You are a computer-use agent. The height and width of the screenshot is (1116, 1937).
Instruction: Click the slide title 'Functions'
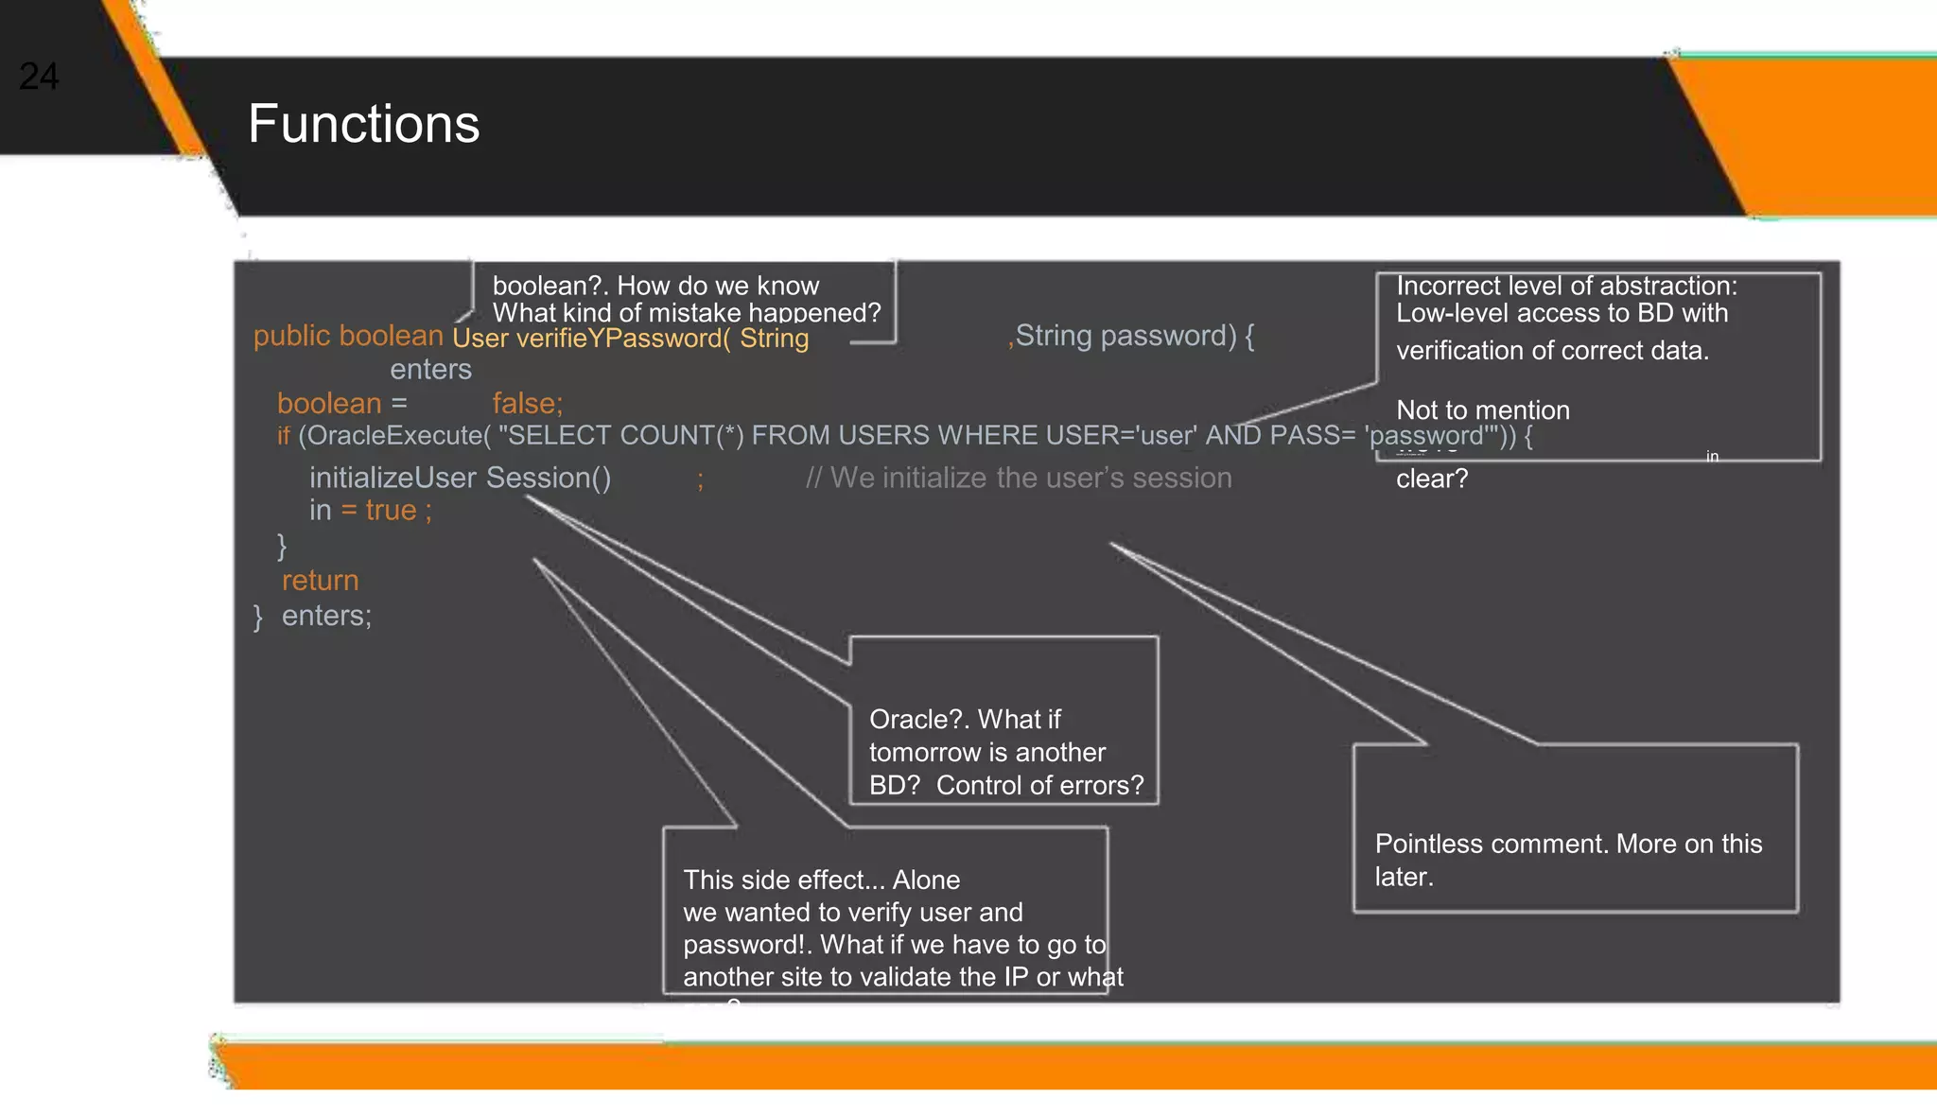(363, 124)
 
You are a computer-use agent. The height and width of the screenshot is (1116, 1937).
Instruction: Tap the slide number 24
(39, 77)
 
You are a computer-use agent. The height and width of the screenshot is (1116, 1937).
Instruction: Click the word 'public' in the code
(291, 336)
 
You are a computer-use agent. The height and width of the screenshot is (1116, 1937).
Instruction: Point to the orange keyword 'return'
(320, 580)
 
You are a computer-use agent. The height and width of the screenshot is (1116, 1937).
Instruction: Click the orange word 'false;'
(527, 404)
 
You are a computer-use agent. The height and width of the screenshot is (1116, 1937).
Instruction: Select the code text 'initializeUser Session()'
(460, 478)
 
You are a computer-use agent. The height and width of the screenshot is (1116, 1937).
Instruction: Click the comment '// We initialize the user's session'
(1019, 478)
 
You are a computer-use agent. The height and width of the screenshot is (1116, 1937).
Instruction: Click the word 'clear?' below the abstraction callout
(1432, 479)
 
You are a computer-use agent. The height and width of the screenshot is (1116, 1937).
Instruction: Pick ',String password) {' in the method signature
(1131, 336)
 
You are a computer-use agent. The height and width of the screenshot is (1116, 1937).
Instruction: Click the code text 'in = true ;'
(370, 511)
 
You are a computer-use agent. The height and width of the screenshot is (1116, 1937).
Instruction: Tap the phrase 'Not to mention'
(1482, 410)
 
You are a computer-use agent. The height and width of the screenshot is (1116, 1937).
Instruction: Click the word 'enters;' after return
(326, 616)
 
